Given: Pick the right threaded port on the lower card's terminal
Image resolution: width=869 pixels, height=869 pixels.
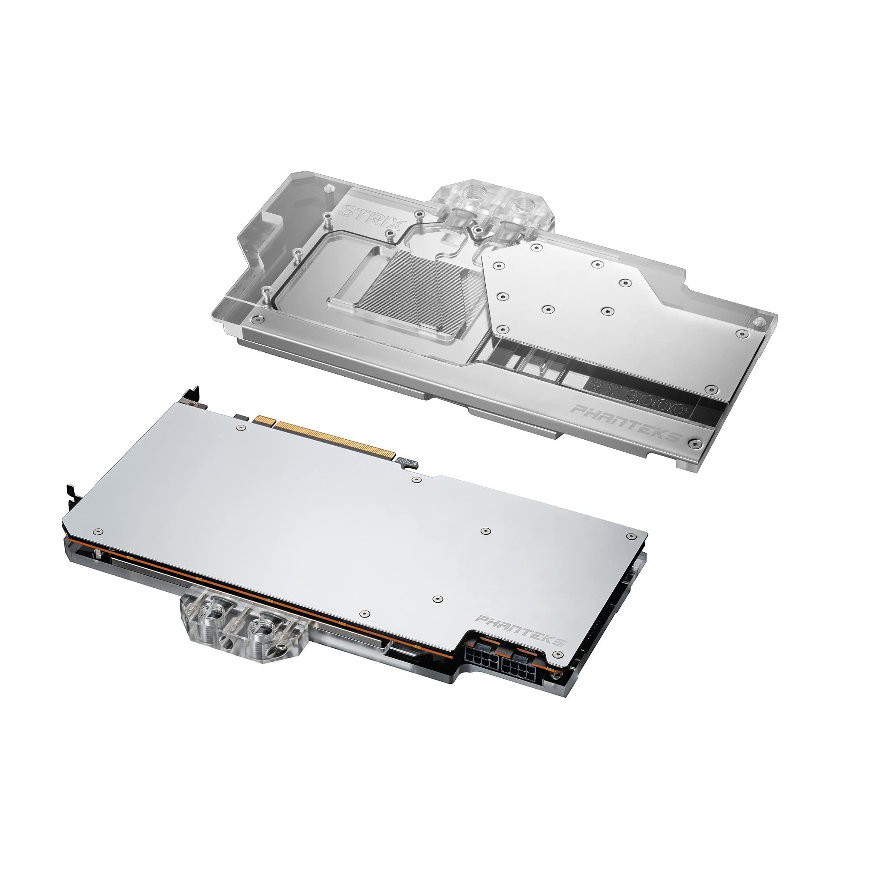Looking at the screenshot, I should (x=263, y=627).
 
